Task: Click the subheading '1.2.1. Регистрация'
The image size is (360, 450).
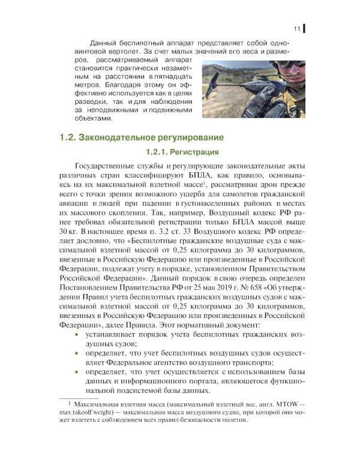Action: [x=180, y=152]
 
